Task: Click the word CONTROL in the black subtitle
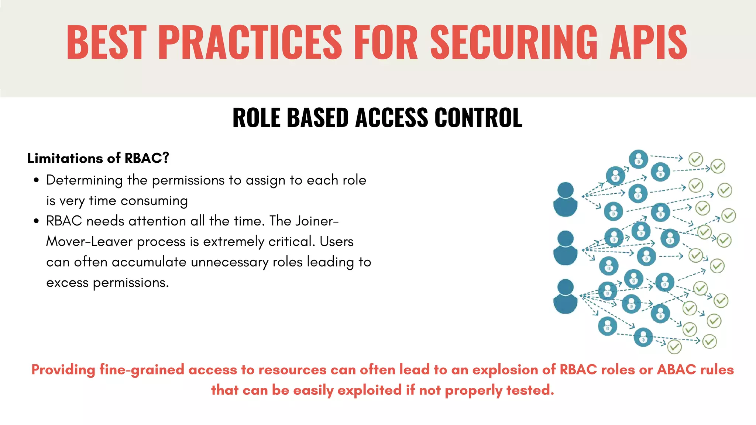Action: tap(478, 118)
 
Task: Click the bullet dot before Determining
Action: tap(36, 180)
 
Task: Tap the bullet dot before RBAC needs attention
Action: tap(36, 221)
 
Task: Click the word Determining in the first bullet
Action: tap(84, 180)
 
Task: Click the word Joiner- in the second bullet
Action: tap(317, 221)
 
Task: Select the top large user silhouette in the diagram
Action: tap(565, 199)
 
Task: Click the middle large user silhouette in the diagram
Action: tap(565, 248)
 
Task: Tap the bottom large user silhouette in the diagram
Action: tap(565, 297)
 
